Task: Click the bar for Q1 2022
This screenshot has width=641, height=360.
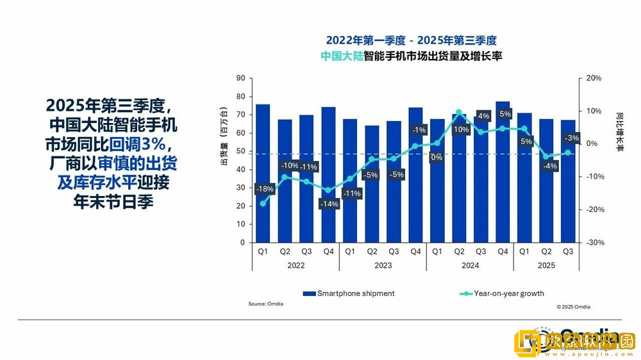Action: [x=263, y=173]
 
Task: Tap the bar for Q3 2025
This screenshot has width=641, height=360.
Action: [x=568, y=186]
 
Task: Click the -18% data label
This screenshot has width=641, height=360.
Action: [x=264, y=189]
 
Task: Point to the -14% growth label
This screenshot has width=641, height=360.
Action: [x=329, y=204]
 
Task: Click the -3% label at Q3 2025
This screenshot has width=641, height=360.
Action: [x=571, y=138]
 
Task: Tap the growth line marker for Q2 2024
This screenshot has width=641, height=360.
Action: [x=459, y=112]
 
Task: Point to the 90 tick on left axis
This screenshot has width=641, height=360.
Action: [x=241, y=78]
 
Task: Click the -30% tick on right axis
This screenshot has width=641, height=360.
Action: [x=593, y=243]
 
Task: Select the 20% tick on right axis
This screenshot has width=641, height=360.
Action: [x=593, y=78]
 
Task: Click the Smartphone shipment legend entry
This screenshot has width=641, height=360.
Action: [x=348, y=293]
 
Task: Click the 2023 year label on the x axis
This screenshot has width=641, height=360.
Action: [x=383, y=265]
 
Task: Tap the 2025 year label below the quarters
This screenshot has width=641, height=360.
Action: [x=546, y=265]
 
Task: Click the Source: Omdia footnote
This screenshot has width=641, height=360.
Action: [x=265, y=304]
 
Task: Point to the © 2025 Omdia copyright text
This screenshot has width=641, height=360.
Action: [x=575, y=307]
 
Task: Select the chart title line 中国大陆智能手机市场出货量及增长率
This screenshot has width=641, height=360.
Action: [x=411, y=56]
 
